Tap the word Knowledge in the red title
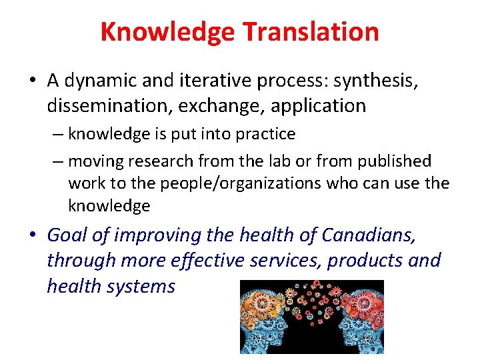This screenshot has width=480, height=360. (x=168, y=31)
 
